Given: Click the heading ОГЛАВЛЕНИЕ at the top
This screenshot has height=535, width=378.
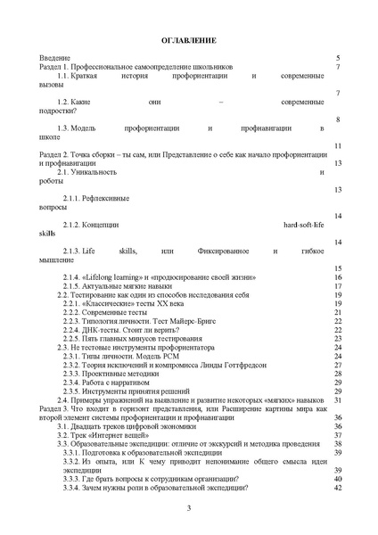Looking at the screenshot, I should coord(188,41).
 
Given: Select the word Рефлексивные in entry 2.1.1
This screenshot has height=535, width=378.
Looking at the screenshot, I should coord(111,196).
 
